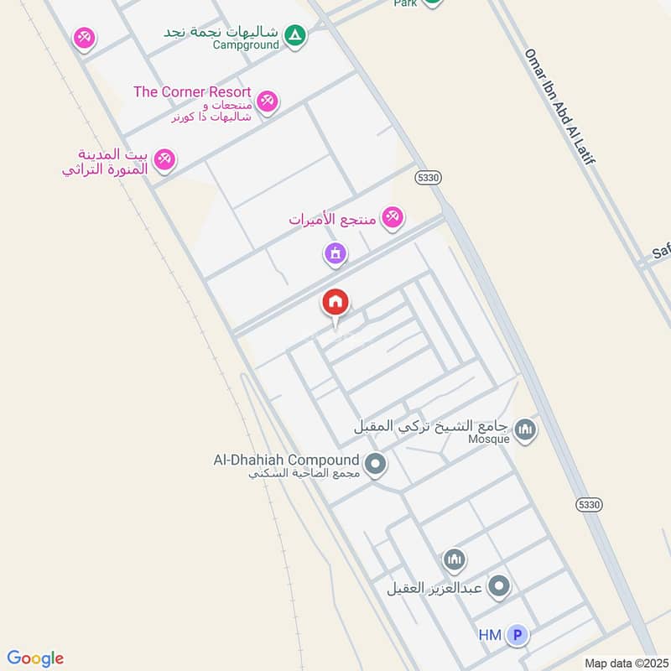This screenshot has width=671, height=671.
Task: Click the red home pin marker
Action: point(335,304)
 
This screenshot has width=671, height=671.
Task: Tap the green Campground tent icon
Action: point(294,35)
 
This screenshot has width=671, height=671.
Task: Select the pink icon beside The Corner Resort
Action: point(267,101)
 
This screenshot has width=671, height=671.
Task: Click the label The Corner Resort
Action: point(192,91)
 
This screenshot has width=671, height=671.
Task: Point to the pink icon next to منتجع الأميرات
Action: point(392,219)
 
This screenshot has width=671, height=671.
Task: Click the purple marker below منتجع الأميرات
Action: point(335,252)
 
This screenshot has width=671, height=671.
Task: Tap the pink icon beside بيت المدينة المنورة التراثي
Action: point(164,159)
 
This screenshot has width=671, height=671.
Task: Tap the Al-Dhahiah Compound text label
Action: point(286,460)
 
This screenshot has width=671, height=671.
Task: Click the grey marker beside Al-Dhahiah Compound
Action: point(375,463)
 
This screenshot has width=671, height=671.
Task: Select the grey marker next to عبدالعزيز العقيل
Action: point(499,586)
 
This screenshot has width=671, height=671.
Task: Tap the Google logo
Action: point(35,658)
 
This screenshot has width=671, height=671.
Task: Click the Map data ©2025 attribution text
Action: point(625,663)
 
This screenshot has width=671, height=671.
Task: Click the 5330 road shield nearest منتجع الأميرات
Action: point(428,178)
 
